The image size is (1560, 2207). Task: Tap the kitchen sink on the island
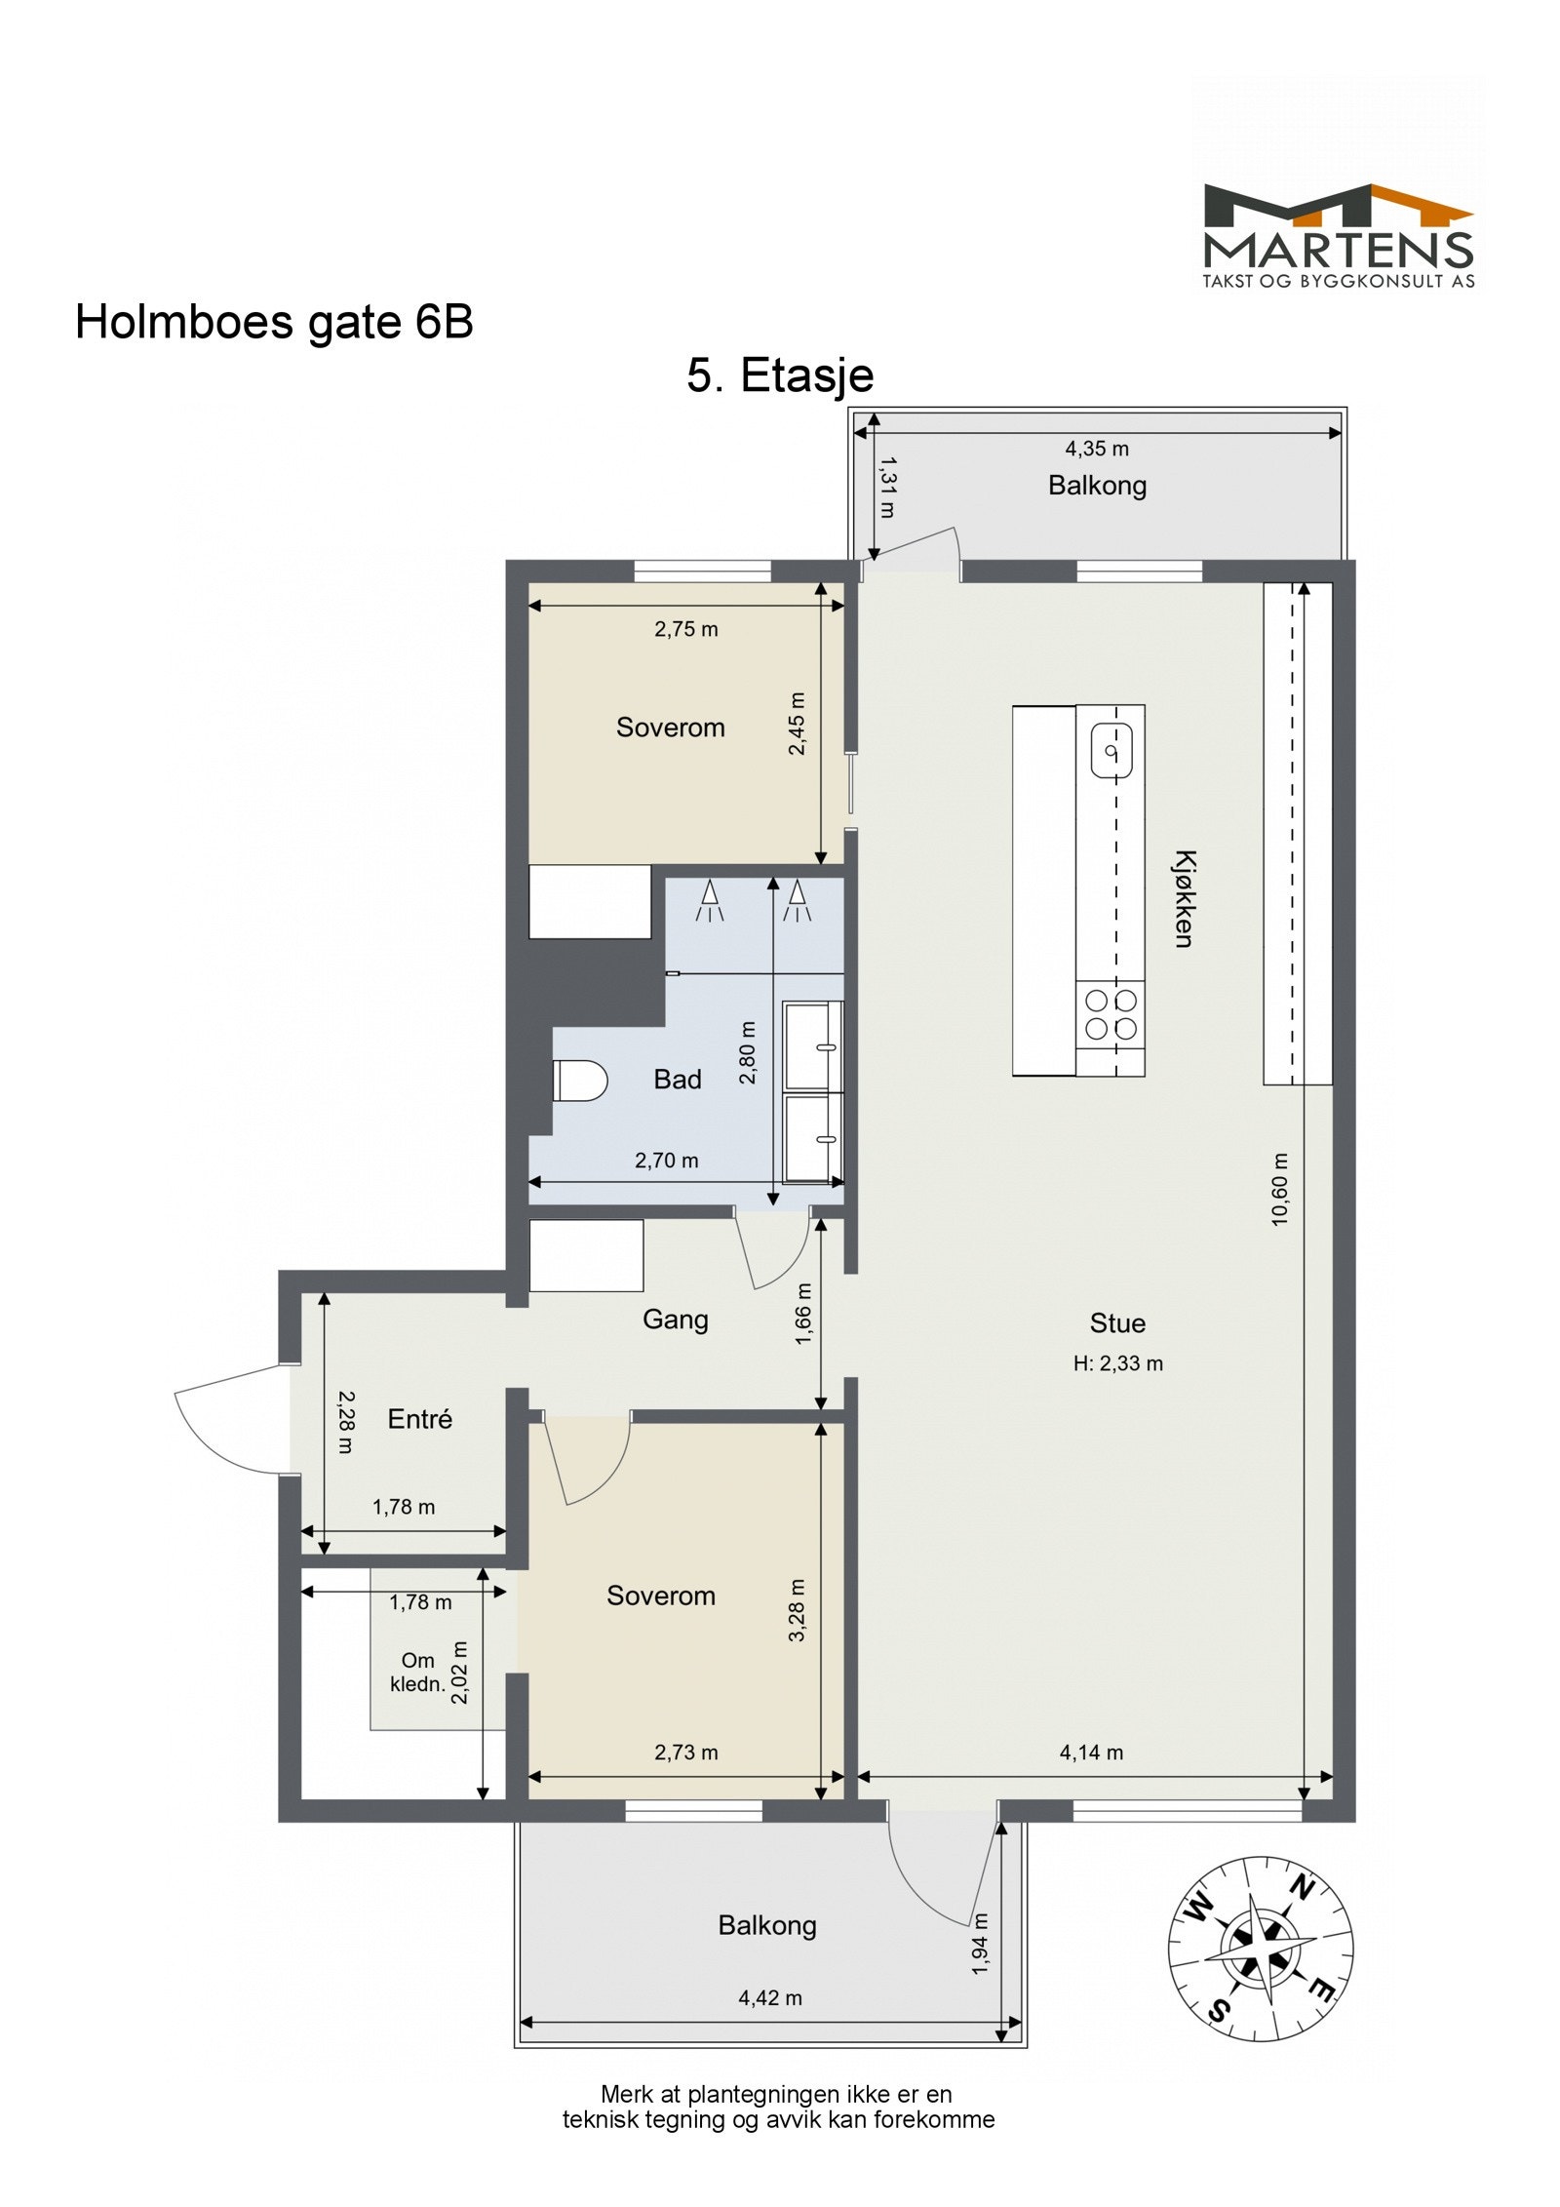pos(1110,750)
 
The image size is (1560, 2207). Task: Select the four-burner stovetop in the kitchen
pos(1111,1014)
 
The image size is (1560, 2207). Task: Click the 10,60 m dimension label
pos(1280,1189)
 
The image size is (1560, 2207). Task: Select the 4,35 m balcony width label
pos(1096,449)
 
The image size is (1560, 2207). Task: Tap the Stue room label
pos(1116,1323)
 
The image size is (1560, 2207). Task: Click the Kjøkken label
pos(1183,898)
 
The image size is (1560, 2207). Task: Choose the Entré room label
pos(419,1419)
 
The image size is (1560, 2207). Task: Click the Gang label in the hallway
pos(675,1320)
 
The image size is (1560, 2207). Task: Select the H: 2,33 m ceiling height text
pos(1117,1363)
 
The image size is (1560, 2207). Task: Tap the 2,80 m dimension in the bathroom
pos(748,1052)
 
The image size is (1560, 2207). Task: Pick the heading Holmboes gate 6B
pos(274,322)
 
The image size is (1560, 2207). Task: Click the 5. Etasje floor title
pos(779,375)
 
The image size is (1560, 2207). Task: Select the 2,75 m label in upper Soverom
pos(685,629)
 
